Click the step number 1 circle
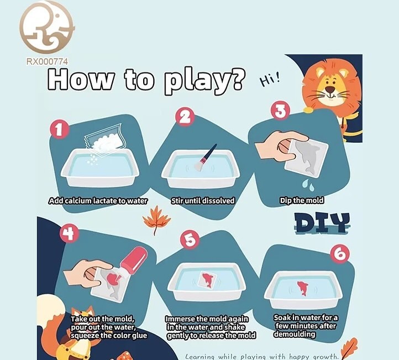pyautogui.click(x=59, y=129)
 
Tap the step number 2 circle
pyautogui.click(x=185, y=117)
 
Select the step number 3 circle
pyautogui.click(x=280, y=111)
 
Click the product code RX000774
pyautogui.click(x=47, y=61)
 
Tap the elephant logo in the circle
pyautogui.click(x=47, y=27)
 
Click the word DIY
pyautogui.click(x=322, y=223)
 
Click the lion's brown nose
pyautogui.click(x=330, y=89)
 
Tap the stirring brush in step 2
pyautogui.click(x=205, y=157)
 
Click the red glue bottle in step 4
pyautogui.click(x=134, y=260)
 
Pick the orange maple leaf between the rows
pyautogui.click(x=156, y=220)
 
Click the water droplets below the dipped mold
pyautogui.click(x=308, y=184)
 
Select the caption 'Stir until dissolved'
pyautogui.click(x=203, y=201)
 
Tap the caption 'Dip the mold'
pyautogui.click(x=302, y=200)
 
